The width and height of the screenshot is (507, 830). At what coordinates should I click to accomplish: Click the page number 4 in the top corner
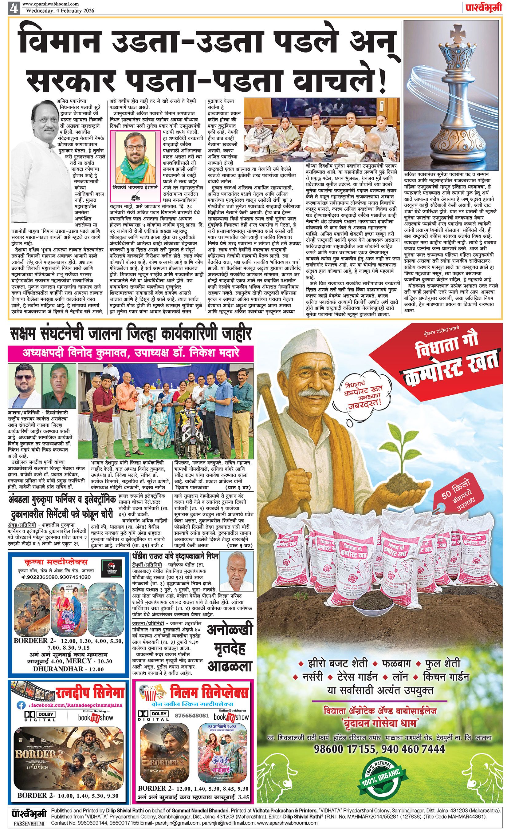point(14,7)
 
